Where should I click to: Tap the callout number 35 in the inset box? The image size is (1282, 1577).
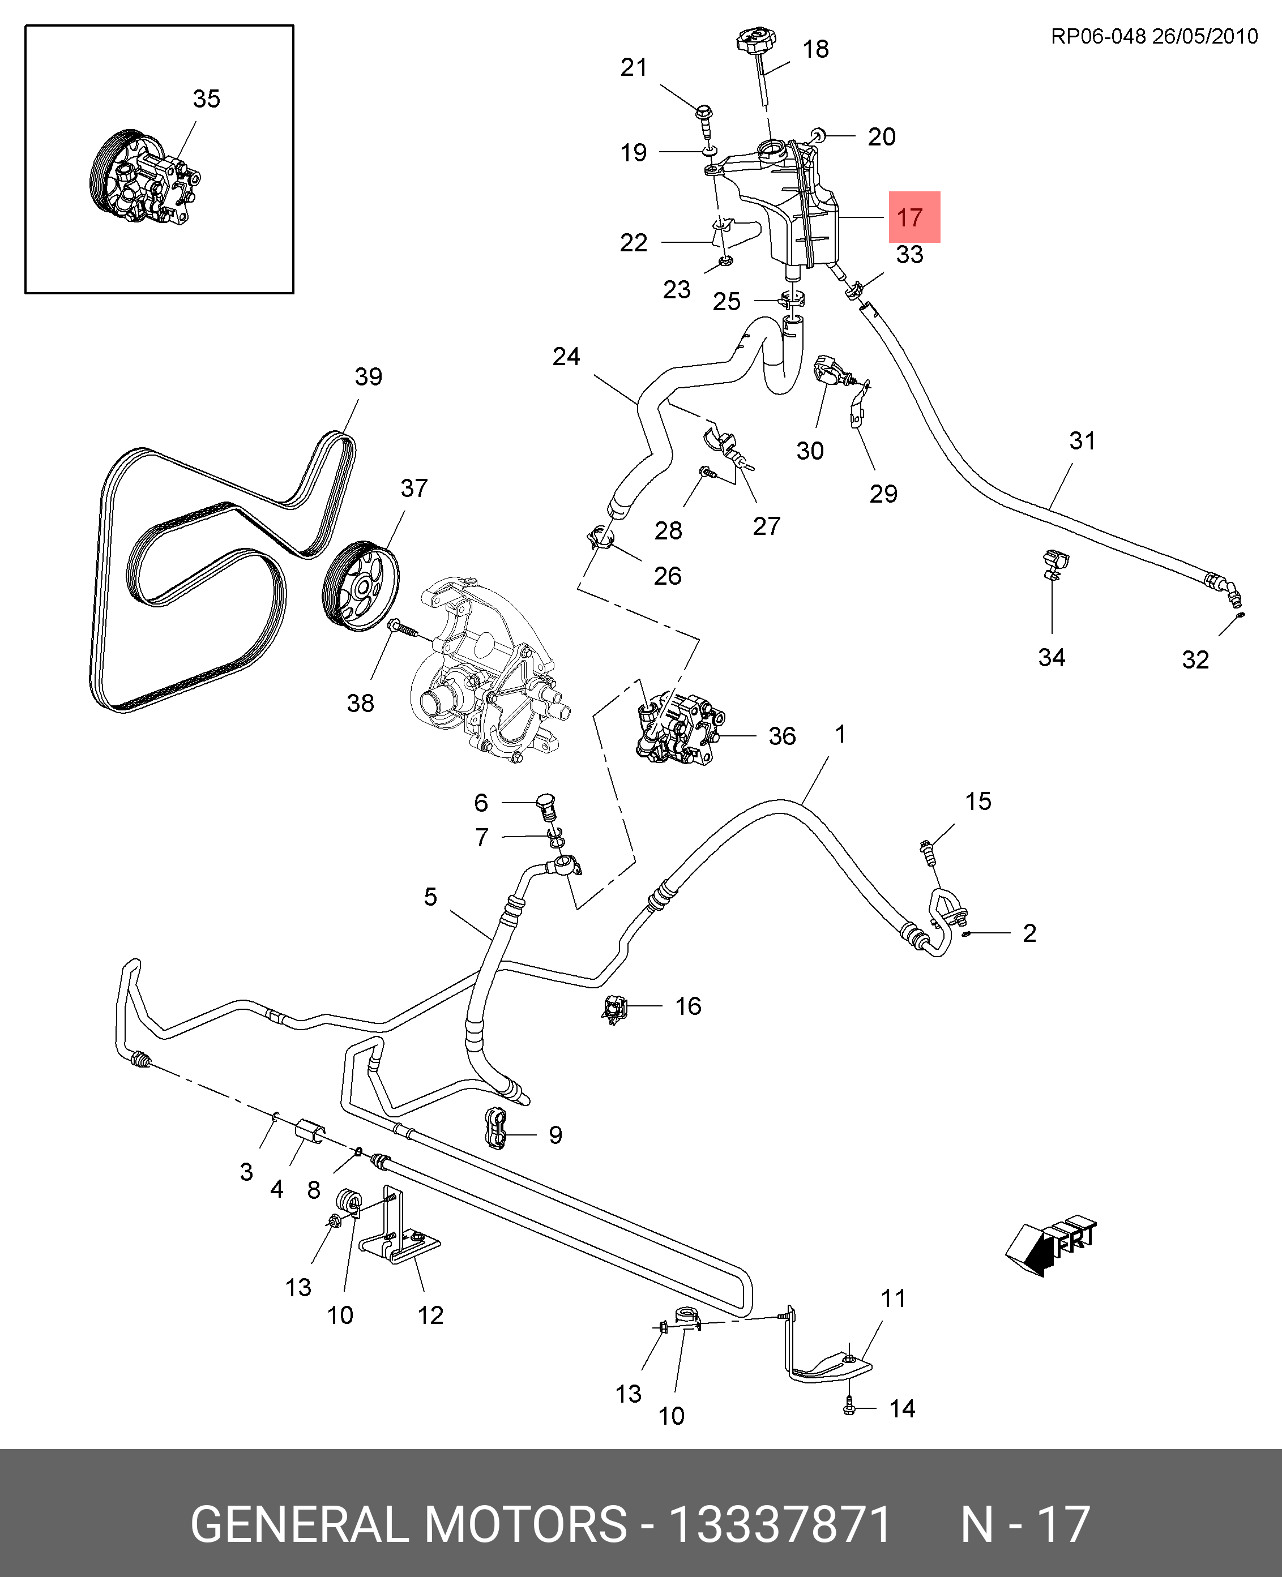pos(206,99)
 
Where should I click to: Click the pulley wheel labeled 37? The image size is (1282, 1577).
pos(362,586)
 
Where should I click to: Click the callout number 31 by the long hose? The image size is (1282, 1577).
pos(1082,441)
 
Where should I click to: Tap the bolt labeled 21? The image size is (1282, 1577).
pos(704,116)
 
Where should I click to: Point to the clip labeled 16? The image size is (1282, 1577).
pos(614,1009)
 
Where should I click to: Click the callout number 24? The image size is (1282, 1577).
pos(566,357)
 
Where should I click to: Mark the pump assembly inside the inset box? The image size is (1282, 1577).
pos(148,177)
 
